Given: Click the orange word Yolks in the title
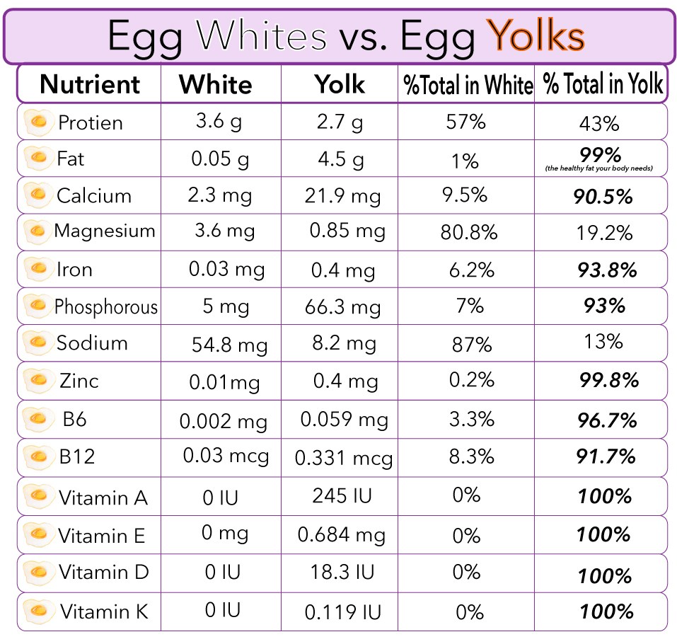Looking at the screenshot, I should click(538, 36).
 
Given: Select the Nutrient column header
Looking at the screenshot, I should click(91, 84).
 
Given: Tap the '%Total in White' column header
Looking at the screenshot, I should click(467, 85).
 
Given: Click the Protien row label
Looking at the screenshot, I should click(91, 123).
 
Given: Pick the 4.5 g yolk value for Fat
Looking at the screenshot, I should click(341, 159).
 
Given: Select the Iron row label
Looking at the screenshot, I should click(74, 270).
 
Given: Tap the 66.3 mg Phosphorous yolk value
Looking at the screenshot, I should click(346, 306).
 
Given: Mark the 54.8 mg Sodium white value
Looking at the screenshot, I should click(229, 345).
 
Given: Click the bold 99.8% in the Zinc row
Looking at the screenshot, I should click(608, 381).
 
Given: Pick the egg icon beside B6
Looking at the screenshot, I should click(37, 418).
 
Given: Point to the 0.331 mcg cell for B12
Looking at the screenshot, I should click(344, 458).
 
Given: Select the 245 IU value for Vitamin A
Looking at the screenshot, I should click(342, 495).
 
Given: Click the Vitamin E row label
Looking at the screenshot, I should click(102, 536).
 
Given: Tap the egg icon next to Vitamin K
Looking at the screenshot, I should click(37, 610).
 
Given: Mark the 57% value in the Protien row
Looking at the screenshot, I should click(465, 122).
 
